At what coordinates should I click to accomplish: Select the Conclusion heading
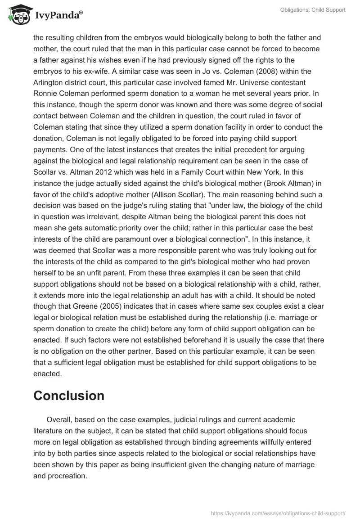pyautogui.click(x=69, y=396)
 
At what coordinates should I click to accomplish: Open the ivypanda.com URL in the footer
pyautogui.click(x=278, y=513)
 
